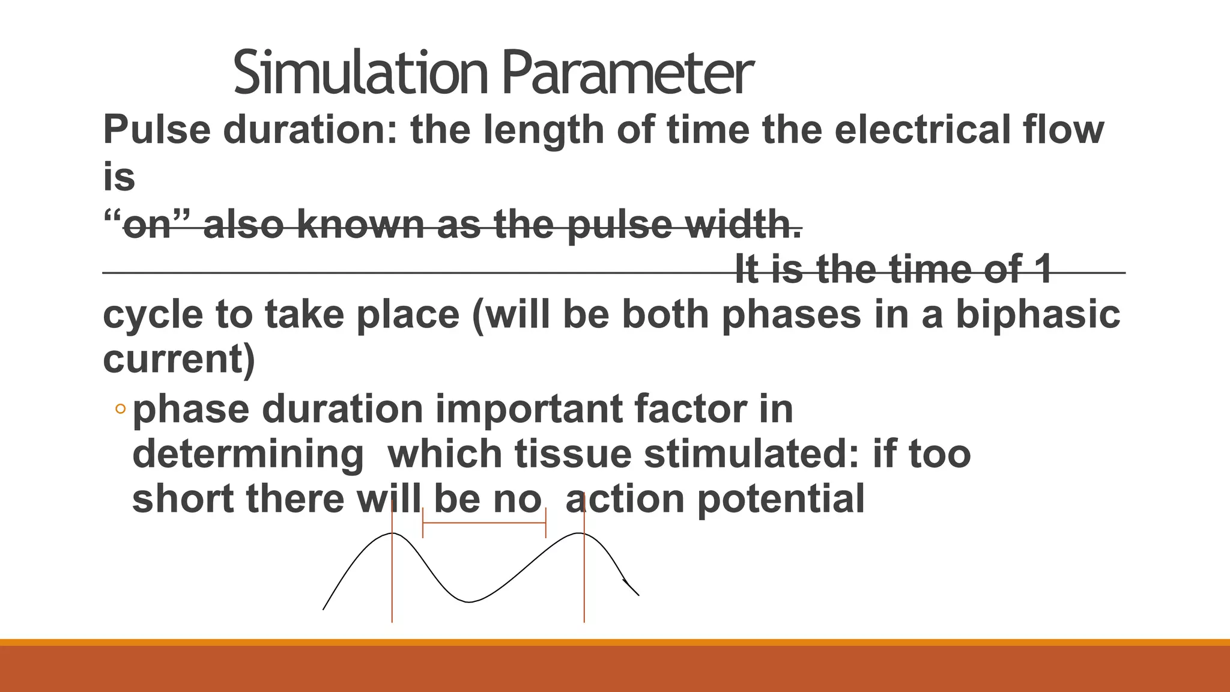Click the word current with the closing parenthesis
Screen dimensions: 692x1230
179,359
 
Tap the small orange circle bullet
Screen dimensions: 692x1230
120,409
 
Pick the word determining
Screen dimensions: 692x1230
247,454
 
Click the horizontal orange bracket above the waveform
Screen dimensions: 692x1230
484,523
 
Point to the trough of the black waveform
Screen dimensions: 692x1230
468,601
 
